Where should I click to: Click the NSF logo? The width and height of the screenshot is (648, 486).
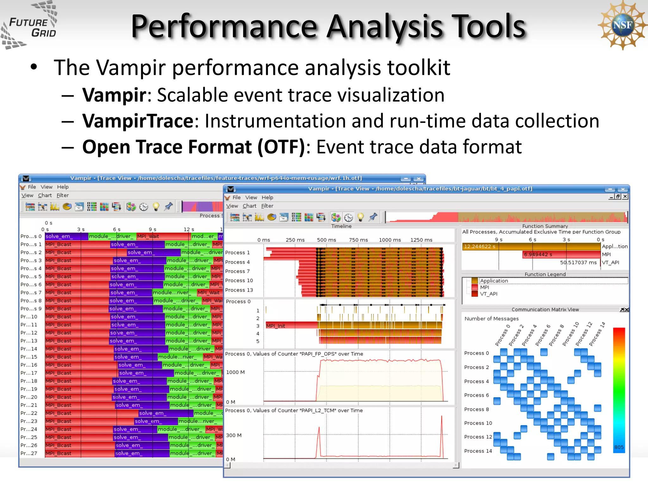[x=622, y=25]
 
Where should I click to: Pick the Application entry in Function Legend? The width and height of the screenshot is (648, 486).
[x=494, y=281]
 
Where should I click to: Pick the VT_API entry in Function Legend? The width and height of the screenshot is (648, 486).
[x=488, y=294]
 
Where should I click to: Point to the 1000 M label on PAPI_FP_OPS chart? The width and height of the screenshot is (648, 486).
[x=235, y=372]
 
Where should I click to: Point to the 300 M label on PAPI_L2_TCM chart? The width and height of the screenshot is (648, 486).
[x=234, y=435]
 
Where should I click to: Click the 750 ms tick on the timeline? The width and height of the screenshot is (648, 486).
[x=358, y=240]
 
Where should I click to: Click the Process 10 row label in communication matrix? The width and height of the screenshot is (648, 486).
[x=478, y=423]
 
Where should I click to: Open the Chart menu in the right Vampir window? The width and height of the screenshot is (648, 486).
[x=249, y=206]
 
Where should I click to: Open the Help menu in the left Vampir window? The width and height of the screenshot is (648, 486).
[x=63, y=187]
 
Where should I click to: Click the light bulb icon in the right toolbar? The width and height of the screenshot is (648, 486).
[x=360, y=217]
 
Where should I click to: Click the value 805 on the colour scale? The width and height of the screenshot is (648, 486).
[x=619, y=447]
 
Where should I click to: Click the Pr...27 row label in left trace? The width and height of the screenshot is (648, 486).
[x=29, y=453]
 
